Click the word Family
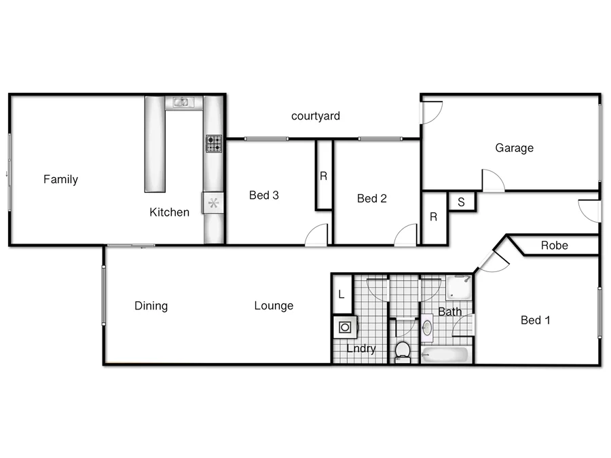tap(60, 180)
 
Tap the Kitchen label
tap(169, 212)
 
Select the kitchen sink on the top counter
tap(181, 102)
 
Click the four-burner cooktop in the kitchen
tap(214, 143)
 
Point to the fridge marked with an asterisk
tap(213, 202)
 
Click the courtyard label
tap(315, 116)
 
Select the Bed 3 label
tap(264, 195)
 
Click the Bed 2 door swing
tap(407, 235)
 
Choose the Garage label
tap(514, 148)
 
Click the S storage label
tap(461, 202)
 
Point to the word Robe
tap(554, 246)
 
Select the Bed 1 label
tap(535, 320)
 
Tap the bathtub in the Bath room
tap(445, 354)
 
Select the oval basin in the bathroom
tap(428, 328)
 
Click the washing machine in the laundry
tap(346, 328)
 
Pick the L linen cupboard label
tap(341, 295)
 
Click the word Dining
tap(151, 306)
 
